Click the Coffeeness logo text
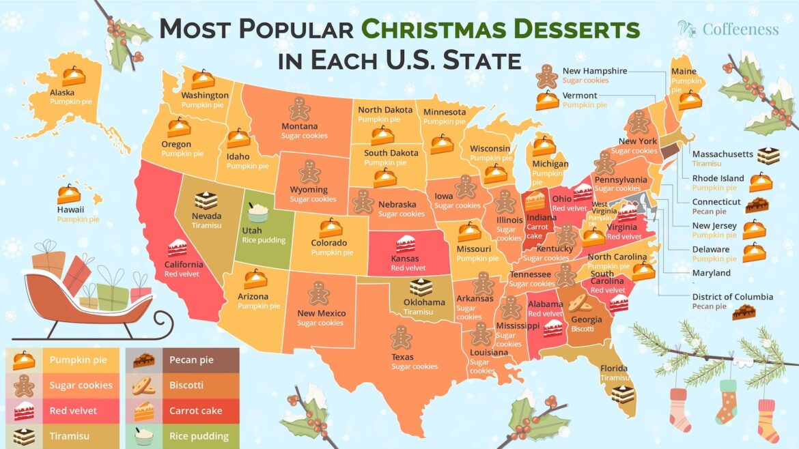(x=740, y=29)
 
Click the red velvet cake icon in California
(x=177, y=247)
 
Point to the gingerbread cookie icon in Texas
(x=401, y=336)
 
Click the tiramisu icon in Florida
(x=622, y=394)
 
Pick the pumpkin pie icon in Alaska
(x=73, y=76)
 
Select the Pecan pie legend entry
(x=185, y=360)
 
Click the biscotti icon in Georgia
(x=579, y=303)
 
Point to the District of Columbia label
(x=732, y=297)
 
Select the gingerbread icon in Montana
(x=298, y=108)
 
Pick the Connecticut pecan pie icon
(x=757, y=204)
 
